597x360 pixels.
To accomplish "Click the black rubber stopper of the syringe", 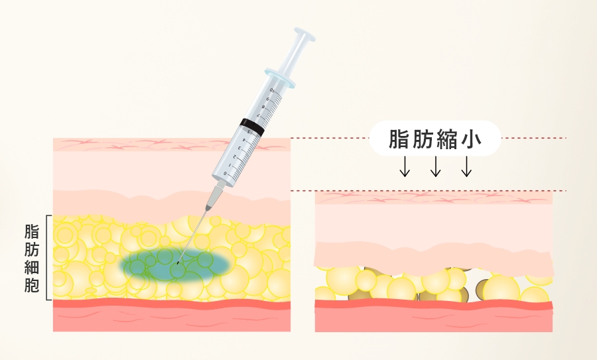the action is pos(252,127).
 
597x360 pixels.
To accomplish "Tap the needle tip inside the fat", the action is pos(177,263).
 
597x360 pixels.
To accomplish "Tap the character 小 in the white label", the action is pos(472,139).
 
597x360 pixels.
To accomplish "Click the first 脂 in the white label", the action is pos(398,139).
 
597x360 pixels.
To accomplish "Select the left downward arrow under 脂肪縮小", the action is pos(405,166).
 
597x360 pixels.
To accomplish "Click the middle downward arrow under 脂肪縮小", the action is pos(436,166).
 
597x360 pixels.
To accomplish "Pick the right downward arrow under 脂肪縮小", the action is pos(466,166).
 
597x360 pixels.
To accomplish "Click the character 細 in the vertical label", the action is pos(32,268).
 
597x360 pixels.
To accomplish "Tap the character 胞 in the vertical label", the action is pos(32,285).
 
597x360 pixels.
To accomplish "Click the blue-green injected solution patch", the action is pos(176,264).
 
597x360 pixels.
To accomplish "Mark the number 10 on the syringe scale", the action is pos(272,91).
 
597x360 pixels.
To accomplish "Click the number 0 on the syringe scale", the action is pos(226,174).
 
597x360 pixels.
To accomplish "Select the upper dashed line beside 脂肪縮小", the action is pos(429,138).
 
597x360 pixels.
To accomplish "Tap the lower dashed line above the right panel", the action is pos(429,191).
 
